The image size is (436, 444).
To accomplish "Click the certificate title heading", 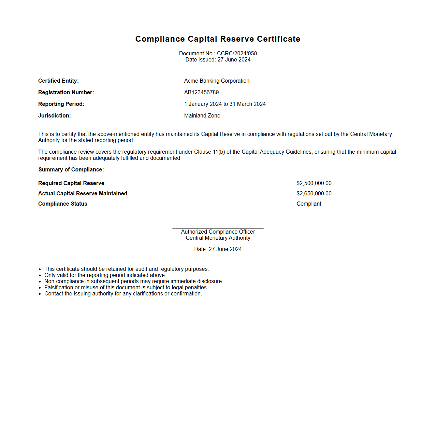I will (x=218, y=39).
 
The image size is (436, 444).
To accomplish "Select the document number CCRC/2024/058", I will (x=237, y=53).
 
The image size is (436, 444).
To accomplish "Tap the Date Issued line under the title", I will (x=218, y=59).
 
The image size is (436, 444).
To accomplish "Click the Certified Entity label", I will (x=58, y=81).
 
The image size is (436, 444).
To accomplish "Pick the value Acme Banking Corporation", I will (x=217, y=81).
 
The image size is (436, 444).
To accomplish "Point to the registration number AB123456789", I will (x=201, y=92).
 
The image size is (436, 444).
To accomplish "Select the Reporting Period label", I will (x=61, y=104).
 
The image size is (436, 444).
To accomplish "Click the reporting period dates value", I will (x=225, y=104).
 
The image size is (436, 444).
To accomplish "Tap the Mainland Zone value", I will (x=202, y=115).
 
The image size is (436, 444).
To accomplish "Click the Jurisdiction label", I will (x=55, y=115).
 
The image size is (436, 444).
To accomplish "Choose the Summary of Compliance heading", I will (x=71, y=169).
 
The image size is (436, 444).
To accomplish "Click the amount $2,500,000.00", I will (x=314, y=183).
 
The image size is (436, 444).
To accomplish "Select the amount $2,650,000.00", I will (x=314, y=193).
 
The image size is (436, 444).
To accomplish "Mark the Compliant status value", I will (x=309, y=204).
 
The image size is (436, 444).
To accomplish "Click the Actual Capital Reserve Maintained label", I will (x=83, y=193).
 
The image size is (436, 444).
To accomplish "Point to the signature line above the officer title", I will (x=218, y=228).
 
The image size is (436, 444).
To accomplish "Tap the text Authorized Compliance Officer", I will (x=218, y=232).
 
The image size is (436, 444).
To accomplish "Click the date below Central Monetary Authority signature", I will (x=218, y=249).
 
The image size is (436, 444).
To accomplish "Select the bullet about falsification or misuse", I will (x=126, y=287).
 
